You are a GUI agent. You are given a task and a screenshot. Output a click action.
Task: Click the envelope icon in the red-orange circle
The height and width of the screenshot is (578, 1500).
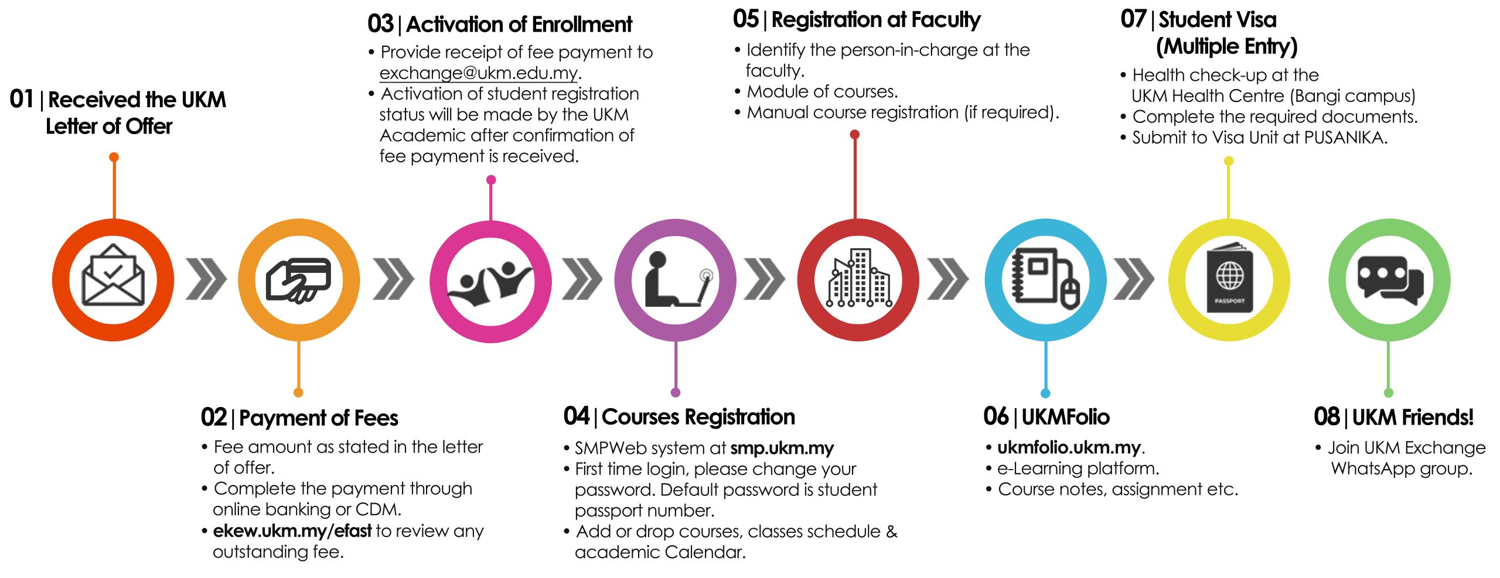point(113,276)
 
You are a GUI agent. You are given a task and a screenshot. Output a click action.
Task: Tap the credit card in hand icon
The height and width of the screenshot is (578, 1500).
point(299,280)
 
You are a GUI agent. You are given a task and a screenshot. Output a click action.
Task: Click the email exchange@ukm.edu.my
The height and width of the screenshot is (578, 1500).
point(478,73)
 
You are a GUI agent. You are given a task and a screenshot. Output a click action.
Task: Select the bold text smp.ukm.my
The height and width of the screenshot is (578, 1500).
point(782,449)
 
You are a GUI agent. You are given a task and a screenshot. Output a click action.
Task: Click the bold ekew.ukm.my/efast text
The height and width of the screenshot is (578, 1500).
point(292,531)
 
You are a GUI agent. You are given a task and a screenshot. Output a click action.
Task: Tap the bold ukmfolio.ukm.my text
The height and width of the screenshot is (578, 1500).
point(1069,447)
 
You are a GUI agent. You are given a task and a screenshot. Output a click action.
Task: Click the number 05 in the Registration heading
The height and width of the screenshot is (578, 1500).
point(745,19)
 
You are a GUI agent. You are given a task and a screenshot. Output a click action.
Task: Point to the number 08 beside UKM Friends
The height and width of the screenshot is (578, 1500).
point(1327,417)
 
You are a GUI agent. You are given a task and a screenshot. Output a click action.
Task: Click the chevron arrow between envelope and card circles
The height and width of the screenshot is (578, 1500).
point(206,279)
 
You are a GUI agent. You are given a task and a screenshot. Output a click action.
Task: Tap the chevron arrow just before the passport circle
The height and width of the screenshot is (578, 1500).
point(1134,279)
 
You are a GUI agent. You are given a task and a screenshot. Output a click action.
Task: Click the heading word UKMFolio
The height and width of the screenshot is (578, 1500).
point(1065,417)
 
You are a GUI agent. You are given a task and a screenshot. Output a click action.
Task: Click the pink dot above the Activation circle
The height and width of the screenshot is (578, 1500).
point(491,180)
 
